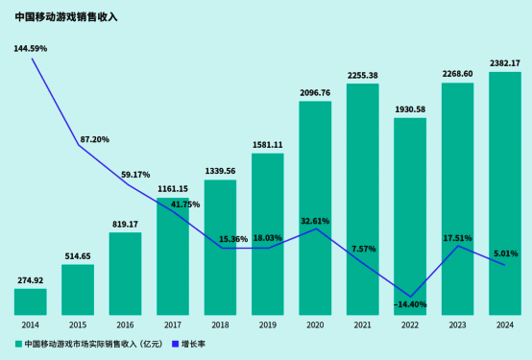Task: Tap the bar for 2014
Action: click(x=31, y=301)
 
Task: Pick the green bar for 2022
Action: click(x=410, y=216)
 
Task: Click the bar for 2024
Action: click(x=505, y=192)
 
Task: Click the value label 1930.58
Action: click(x=410, y=109)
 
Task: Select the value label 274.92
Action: click(x=31, y=280)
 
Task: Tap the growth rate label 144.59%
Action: click(x=31, y=48)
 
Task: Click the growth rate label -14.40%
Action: click(x=410, y=304)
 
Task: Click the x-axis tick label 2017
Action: click(x=173, y=325)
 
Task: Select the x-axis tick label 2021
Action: click(x=362, y=325)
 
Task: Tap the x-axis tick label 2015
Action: click(x=78, y=325)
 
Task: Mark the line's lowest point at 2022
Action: click(x=410, y=296)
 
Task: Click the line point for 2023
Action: click(x=457, y=246)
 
